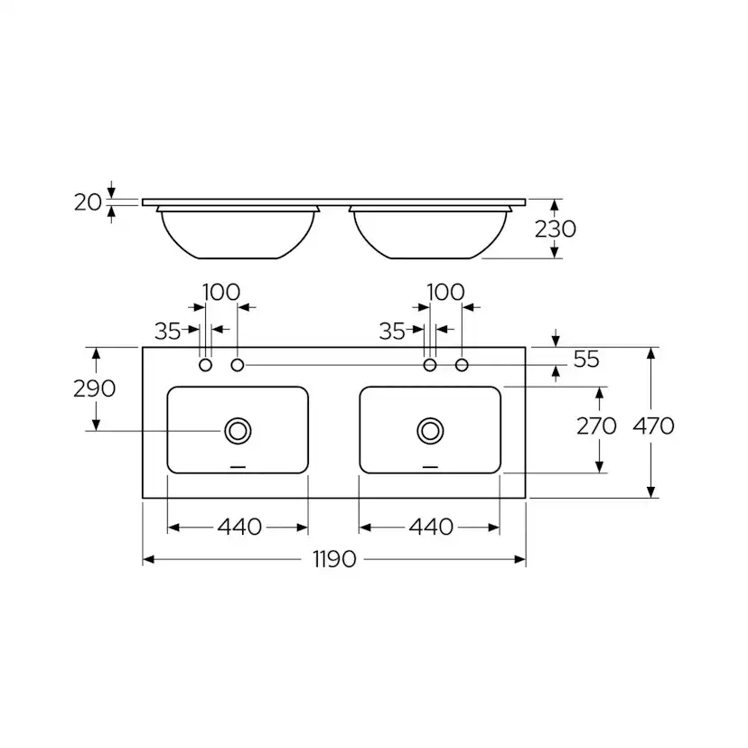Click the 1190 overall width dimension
coord(334,559)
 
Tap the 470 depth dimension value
coord(653,425)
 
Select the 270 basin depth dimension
coord(596,425)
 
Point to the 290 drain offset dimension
coord(95,388)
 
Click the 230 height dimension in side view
coord(556,229)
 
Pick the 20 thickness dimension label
coord(89,202)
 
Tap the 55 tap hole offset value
coord(586,360)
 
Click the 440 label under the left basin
coord(239,528)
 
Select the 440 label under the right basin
coord(431,528)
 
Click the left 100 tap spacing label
coord(221,292)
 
